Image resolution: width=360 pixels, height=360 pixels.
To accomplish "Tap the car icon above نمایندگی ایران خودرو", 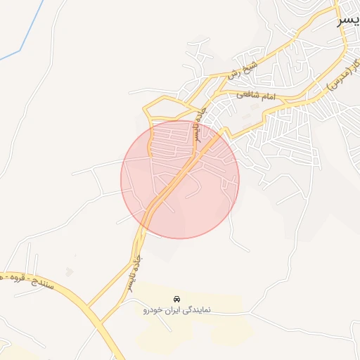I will click(x=176, y=298).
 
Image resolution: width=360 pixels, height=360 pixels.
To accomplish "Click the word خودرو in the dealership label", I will click(x=153, y=309).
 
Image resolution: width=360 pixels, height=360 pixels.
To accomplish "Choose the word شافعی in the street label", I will click(x=248, y=95).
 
